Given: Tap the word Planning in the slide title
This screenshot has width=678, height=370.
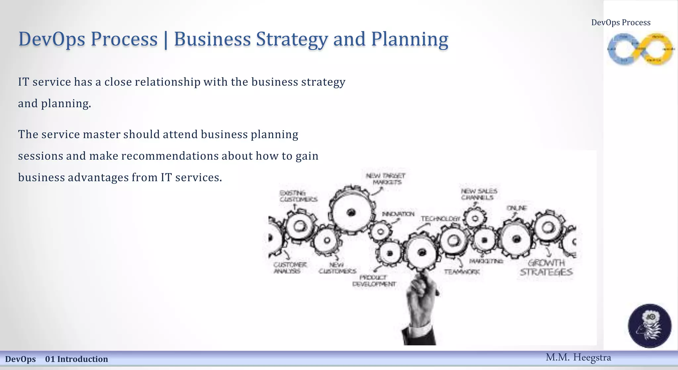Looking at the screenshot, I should coord(410,39).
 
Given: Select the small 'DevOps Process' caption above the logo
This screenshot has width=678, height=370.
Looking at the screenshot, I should coord(621,23).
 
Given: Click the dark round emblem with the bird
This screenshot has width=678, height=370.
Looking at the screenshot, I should coord(650,326).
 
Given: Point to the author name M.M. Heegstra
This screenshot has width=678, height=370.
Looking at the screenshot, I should coord(578,357).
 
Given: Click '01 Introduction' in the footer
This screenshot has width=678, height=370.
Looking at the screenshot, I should coord(76,359).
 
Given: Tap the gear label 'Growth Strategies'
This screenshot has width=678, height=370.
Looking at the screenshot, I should coord(546,268).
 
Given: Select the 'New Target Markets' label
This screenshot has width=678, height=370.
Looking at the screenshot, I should coord(386,179).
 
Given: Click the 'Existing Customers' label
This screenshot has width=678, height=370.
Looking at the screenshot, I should coord(298,196).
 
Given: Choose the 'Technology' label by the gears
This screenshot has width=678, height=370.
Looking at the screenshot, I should coord(440,219).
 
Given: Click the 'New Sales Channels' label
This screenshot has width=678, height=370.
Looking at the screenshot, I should coord(479,194).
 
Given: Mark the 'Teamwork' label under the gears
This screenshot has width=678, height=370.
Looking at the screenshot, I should coord(462,272).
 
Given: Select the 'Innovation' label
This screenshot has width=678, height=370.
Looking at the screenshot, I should coord(398,214).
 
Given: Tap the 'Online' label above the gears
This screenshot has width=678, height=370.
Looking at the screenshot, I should coord(517,208).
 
